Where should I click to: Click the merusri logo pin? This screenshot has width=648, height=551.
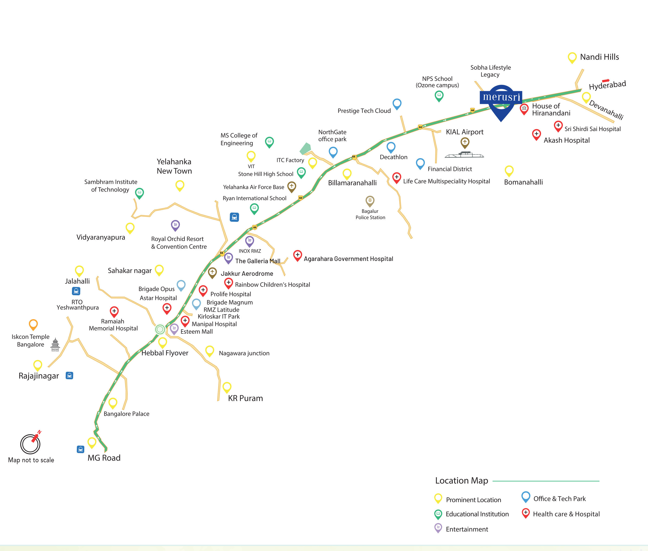pyautogui.click(x=501, y=100)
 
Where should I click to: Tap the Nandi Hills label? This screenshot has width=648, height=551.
pyautogui.click(x=599, y=57)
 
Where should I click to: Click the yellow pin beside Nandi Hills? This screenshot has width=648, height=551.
pyautogui.click(x=572, y=58)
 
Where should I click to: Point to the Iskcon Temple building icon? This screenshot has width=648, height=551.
pyautogui.click(x=55, y=345)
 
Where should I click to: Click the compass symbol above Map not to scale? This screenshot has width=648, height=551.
pyautogui.click(x=31, y=444)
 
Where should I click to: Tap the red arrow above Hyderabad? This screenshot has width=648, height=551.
pyautogui.click(x=606, y=80)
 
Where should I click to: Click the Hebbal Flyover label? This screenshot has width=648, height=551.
pyautogui.click(x=165, y=353)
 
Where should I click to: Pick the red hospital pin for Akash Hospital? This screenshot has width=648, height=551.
pyautogui.click(x=536, y=134)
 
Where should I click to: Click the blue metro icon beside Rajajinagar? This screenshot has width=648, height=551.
pyautogui.click(x=69, y=375)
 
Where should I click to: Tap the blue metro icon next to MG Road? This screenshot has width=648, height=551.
pyautogui.click(x=80, y=449)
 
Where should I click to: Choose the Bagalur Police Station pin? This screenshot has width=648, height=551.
pyautogui.click(x=370, y=201)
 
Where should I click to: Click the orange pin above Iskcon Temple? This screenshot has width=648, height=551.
pyautogui.click(x=33, y=324)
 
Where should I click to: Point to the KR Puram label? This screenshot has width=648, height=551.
pyautogui.click(x=245, y=398)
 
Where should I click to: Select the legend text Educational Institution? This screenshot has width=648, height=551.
pyautogui.click(x=477, y=514)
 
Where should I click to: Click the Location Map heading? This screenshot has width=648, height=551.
pyautogui.click(x=461, y=481)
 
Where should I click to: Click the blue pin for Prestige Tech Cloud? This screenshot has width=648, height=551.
pyautogui.click(x=397, y=104)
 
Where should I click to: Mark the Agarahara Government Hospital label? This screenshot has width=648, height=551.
pyautogui.click(x=348, y=259)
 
